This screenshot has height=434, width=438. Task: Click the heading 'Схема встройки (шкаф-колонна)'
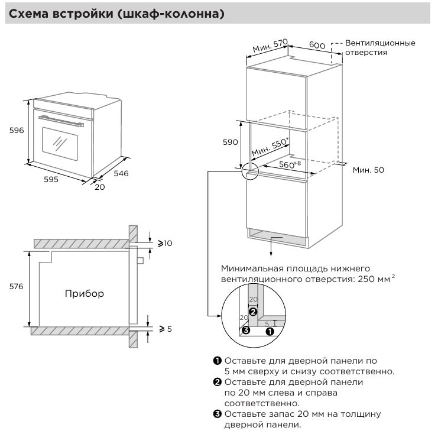click(115, 14)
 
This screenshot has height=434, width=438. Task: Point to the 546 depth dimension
click(121, 173)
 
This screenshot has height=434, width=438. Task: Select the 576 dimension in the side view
click(16, 287)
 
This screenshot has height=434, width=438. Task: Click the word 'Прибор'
click(84, 293)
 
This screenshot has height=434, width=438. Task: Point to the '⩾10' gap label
click(164, 243)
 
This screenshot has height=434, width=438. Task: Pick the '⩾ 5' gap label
click(165, 328)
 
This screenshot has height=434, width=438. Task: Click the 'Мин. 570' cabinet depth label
click(270, 46)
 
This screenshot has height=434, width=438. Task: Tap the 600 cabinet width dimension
click(317, 46)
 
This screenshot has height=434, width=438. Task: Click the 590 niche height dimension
click(230, 142)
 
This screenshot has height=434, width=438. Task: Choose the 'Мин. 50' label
click(368, 170)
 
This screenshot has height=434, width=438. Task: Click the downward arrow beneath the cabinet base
click(271, 247)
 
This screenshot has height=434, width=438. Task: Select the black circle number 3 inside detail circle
click(246, 330)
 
